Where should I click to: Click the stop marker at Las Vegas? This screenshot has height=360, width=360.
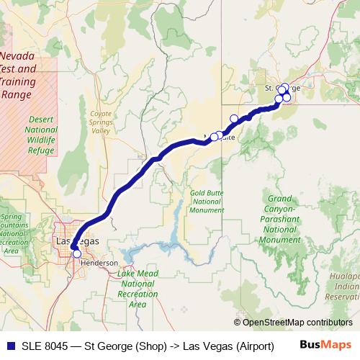[77, 253]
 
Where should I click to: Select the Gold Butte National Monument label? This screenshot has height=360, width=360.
[206, 202]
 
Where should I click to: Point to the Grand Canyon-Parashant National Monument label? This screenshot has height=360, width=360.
[279, 219]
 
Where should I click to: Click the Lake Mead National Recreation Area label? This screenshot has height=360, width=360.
[137, 289]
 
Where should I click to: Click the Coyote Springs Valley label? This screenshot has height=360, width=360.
[101, 122]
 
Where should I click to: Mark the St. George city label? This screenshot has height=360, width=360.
[278, 88]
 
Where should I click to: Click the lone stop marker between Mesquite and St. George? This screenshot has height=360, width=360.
[234, 119]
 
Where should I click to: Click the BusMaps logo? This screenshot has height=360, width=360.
[325, 345]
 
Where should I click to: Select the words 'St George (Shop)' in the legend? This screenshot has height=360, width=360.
[125, 346]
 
